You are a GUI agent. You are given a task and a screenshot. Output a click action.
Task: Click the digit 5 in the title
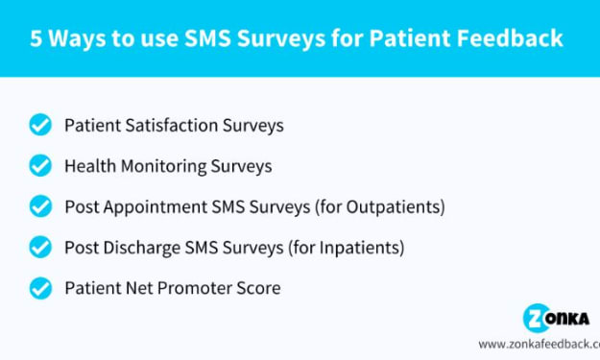pyautogui.click(x=36, y=38)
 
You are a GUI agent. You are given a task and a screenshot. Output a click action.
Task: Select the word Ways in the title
pyautogui.click(x=77, y=39)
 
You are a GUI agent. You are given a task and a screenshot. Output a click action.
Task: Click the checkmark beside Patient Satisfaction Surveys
pyautogui.click(x=40, y=125)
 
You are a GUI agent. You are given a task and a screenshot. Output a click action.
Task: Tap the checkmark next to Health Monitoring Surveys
pyautogui.click(x=40, y=165)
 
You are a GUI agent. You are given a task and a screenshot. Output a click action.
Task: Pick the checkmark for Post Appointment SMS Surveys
pyautogui.click(x=40, y=206)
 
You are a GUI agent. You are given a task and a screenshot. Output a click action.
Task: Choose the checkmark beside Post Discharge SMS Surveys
pyautogui.click(x=40, y=247)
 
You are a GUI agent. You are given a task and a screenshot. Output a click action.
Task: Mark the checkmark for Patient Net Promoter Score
pyautogui.click(x=40, y=288)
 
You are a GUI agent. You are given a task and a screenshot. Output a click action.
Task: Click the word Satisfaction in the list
pyautogui.click(x=172, y=125)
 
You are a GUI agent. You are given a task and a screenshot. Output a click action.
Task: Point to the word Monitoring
pyautogui.click(x=164, y=167)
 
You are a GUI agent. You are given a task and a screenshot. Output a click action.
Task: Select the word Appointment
pyautogui.click(x=156, y=207)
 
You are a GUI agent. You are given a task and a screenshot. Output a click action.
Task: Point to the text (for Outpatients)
pyautogui.click(x=380, y=207)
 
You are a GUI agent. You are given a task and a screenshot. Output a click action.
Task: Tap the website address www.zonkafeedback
pyautogui.click(x=540, y=344)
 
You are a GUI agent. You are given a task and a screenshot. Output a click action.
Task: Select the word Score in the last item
pyautogui.click(x=258, y=288)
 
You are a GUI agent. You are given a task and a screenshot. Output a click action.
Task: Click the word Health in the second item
pyautogui.click(x=90, y=166)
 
